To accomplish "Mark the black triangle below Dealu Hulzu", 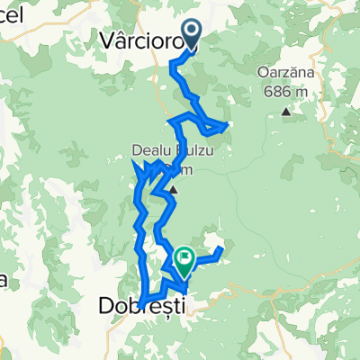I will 172,190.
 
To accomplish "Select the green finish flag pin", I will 184,260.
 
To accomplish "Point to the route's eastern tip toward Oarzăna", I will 230,123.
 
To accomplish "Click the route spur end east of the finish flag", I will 220,248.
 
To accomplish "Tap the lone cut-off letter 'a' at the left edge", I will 4,281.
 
